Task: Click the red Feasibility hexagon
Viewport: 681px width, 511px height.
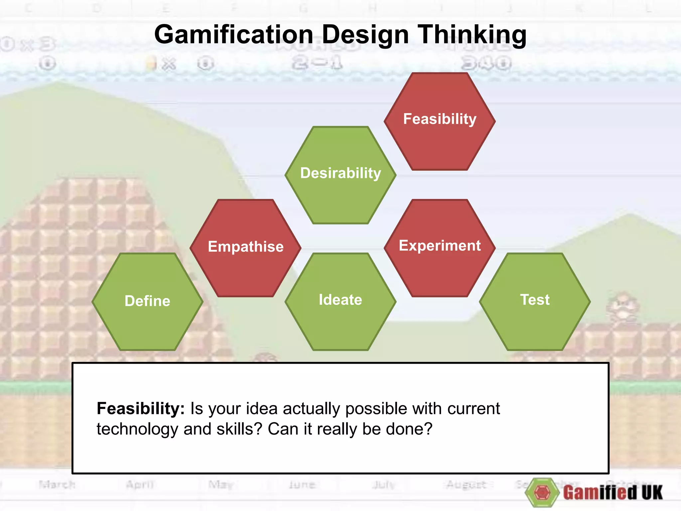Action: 440,121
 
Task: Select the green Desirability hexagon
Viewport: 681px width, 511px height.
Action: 340,175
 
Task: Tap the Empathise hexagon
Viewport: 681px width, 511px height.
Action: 245,248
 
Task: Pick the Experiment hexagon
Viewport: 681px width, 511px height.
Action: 440,248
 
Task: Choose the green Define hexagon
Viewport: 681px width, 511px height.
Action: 147,301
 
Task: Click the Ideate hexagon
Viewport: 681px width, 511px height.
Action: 340,301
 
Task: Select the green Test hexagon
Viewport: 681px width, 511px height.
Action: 535,301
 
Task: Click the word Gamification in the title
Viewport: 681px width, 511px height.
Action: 234,35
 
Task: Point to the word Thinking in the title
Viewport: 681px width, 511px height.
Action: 472,35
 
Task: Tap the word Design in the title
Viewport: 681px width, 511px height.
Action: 365,35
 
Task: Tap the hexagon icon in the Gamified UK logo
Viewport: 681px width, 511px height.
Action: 542,492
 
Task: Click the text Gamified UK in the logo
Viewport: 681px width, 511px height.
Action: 613,493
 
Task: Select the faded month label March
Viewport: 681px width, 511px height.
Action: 57,484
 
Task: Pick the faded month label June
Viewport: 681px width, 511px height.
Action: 302,484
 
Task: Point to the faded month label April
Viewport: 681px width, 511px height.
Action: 140,484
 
